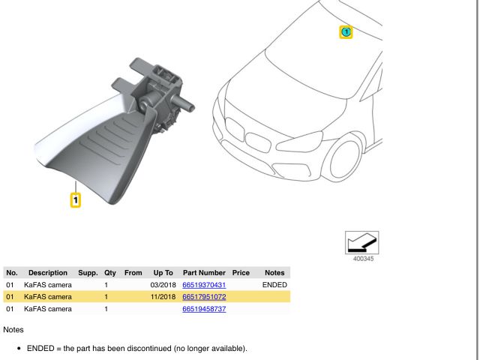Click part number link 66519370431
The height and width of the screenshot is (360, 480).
[x=204, y=285]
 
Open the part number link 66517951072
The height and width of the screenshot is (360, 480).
[x=204, y=297]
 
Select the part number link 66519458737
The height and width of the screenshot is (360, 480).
[x=204, y=309]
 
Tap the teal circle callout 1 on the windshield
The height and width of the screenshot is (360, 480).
[x=346, y=31]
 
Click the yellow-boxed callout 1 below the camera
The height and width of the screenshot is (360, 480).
[x=76, y=200]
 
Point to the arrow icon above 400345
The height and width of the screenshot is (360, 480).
[x=361, y=242]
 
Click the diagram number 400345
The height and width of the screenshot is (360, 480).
[x=363, y=259]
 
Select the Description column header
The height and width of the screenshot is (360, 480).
[x=48, y=273]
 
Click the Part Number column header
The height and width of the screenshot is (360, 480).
[x=204, y=273]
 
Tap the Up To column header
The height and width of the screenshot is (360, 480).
[x=163, y=273]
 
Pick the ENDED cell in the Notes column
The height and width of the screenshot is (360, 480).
[x=274, y=285]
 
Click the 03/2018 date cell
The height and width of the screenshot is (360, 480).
[x=163, y=285]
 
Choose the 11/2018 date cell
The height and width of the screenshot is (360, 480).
[x=163, y=297]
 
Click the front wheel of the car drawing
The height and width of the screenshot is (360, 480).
[x=345, y=157]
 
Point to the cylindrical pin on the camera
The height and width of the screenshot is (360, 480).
[x=183, y=103]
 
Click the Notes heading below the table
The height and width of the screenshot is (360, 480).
[x=13, y=330]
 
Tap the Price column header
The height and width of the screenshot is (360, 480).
[x=241, y=273]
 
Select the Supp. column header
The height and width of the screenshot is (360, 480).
[x=88, y=273]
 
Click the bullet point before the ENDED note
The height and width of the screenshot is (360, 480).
[x=19, y=349]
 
